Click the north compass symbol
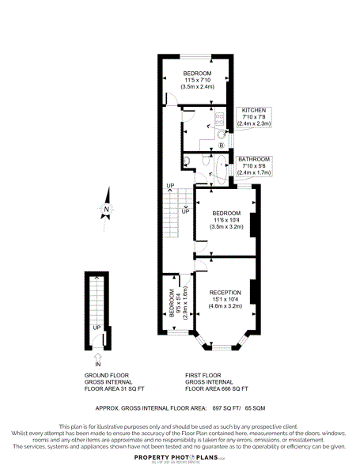[105, 210]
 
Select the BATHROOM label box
[255, 165]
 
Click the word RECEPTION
[225, 293]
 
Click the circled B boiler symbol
[221, 146]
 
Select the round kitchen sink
[219, 132]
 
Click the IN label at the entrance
[99, 364]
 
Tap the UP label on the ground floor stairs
[97, 328]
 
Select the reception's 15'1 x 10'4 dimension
[225, 300]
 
